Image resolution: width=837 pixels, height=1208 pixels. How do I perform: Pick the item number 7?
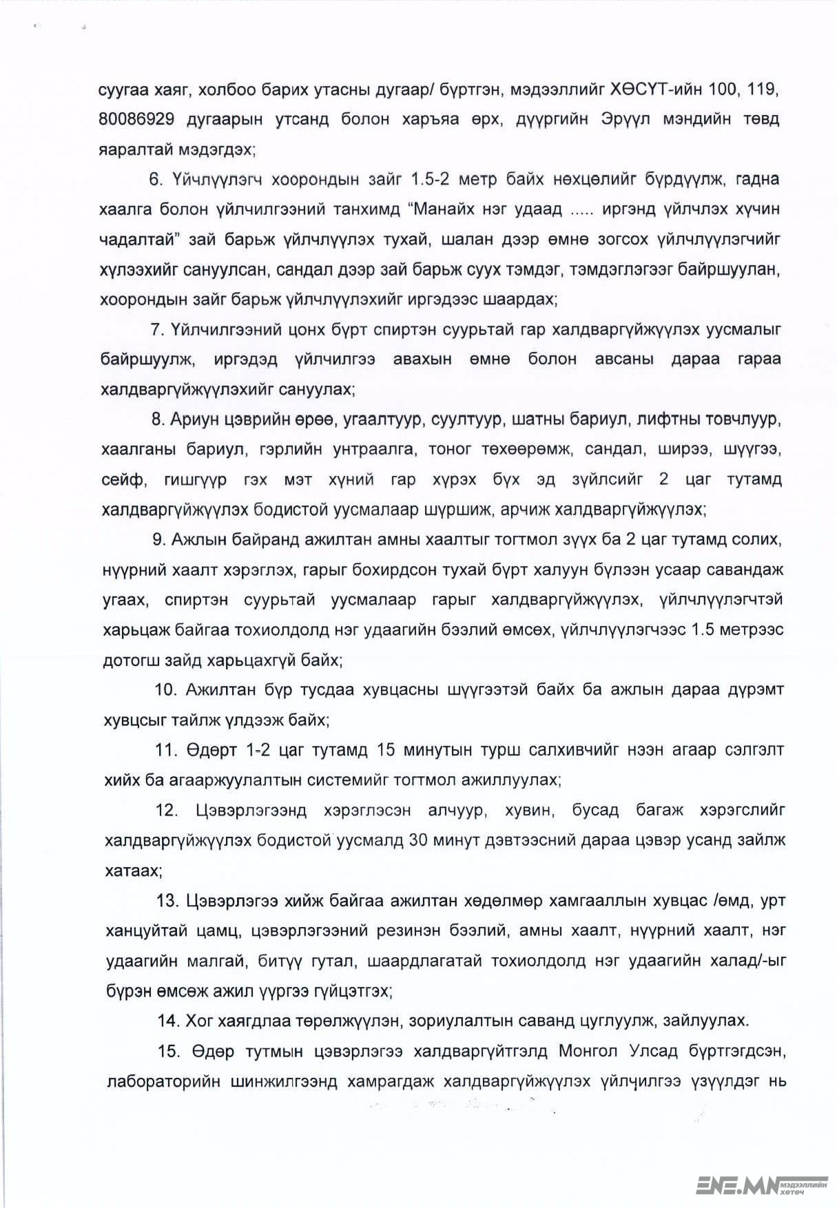tap(157, 329)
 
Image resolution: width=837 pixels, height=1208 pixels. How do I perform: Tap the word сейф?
tap(123, 479)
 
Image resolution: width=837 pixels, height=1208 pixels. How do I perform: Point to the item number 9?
tap(158, 539)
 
